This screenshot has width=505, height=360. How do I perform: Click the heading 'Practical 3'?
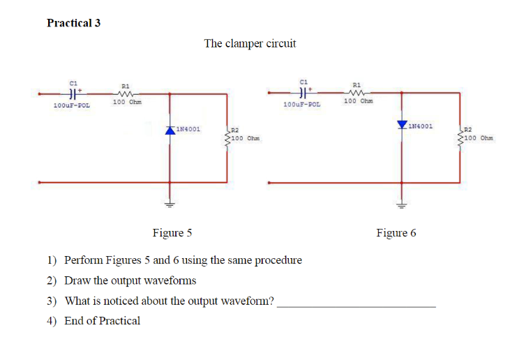73,23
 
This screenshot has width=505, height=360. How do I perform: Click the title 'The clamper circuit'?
250,43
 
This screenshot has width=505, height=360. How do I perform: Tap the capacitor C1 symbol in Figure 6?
301,92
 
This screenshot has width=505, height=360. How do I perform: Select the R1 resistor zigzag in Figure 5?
126,93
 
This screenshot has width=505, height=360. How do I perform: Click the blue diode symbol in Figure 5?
169,130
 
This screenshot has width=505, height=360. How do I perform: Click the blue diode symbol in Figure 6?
402,126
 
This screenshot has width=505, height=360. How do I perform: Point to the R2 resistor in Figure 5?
226,137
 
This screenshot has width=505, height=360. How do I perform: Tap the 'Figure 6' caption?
395,232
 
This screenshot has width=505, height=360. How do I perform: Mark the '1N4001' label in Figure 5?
188,129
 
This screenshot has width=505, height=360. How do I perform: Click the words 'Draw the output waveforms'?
130,280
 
